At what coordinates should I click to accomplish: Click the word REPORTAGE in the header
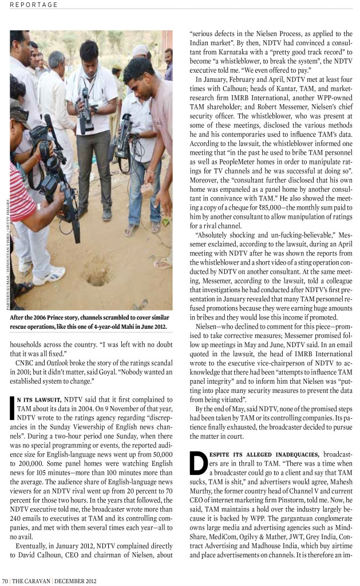pyautogui.click(x=34, y=5)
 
